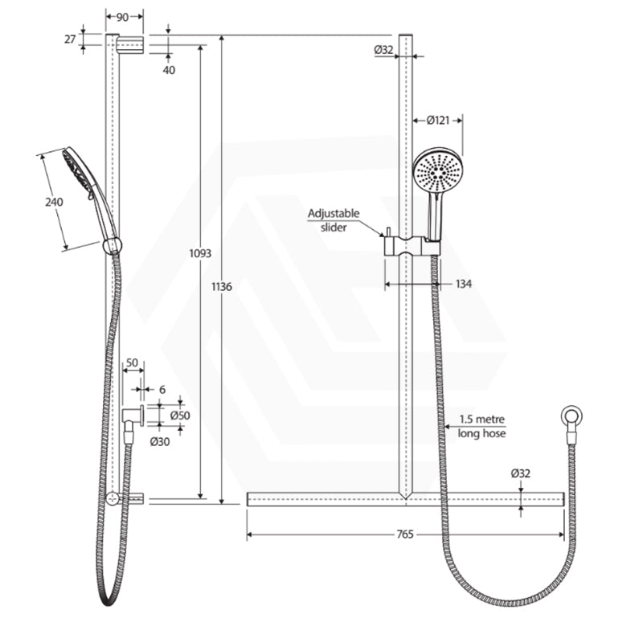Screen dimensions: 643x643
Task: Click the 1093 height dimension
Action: coord(200,253)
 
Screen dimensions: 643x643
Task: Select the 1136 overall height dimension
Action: coord(221,287)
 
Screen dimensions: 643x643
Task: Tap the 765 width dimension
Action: coord(405,534)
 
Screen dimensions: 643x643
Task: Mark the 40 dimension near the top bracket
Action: coord(169,70)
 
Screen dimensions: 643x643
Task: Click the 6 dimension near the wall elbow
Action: coord(162,390)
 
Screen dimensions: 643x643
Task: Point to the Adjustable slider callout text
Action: coord(334,220)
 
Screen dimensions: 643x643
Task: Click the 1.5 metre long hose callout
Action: coord(482,426)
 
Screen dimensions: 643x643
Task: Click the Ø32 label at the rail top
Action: coord(383,50)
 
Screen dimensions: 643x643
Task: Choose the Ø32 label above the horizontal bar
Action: coord(520,473)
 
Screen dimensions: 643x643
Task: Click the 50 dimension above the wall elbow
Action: coord(132,363)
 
